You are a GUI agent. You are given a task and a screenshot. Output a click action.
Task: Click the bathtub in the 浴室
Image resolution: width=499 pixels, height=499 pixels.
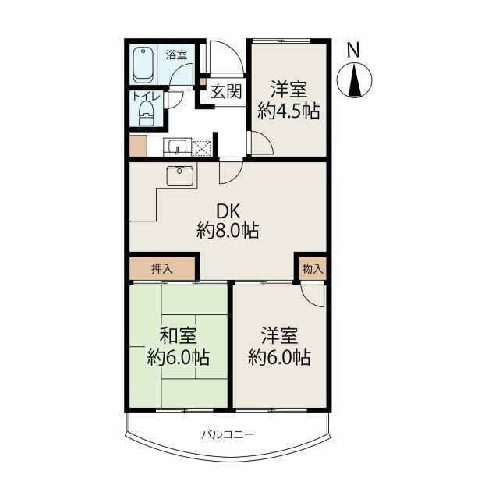click(143, 65)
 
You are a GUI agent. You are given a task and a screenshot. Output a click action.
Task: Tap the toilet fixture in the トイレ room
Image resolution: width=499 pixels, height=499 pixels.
click(147, 113)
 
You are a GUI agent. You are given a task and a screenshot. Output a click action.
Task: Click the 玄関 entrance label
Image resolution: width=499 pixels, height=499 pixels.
click(226, 92)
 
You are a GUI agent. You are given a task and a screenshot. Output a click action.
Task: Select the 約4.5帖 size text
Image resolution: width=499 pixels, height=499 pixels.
click(288, 111)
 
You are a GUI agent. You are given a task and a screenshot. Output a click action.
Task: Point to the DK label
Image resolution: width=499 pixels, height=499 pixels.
click(228, 211)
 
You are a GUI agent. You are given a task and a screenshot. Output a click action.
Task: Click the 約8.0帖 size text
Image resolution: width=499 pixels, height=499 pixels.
click(228, 231)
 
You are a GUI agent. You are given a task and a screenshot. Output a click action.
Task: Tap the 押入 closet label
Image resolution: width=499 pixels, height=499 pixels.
click(162, 269)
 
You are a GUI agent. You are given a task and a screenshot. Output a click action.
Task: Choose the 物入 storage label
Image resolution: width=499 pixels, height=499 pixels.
click(313, 269)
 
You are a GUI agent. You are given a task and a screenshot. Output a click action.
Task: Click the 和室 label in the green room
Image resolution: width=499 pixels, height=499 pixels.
click(178, 336)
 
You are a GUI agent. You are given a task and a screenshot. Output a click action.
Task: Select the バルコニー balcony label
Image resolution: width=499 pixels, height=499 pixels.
click(228, 434)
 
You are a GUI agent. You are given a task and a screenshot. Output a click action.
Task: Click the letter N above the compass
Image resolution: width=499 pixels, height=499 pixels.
click(353, 50)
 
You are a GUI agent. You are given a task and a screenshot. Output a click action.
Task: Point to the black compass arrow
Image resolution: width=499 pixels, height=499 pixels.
click(354, 80)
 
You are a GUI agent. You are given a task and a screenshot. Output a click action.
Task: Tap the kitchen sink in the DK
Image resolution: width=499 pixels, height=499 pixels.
click(179, 175)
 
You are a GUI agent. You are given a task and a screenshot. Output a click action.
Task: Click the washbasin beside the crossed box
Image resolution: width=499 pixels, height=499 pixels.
click(177, 147)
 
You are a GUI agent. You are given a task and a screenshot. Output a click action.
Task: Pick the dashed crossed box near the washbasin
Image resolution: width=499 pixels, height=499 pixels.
click(201, 148)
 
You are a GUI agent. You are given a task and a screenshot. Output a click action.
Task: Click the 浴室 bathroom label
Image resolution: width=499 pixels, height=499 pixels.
click(176, 55)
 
